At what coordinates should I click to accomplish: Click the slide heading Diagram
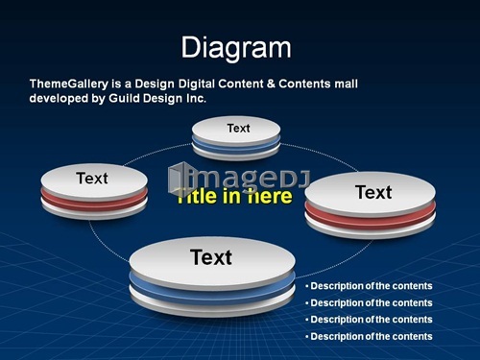tap(236, 48)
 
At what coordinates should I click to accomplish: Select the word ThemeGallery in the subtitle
tap(69, 84)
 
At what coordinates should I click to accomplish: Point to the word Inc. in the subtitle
tap(196, 98)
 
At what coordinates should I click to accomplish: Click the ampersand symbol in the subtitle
tap(271, 84)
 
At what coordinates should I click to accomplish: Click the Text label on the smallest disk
tap(238, 129)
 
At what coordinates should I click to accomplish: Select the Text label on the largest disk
tap(211, 257)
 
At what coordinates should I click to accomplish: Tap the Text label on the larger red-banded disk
tap(373, 192)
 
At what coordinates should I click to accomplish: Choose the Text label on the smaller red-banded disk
tap(92, 179)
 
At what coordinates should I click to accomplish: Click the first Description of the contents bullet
tap(369, 286)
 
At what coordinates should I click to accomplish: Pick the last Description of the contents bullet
tap(369, 337)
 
